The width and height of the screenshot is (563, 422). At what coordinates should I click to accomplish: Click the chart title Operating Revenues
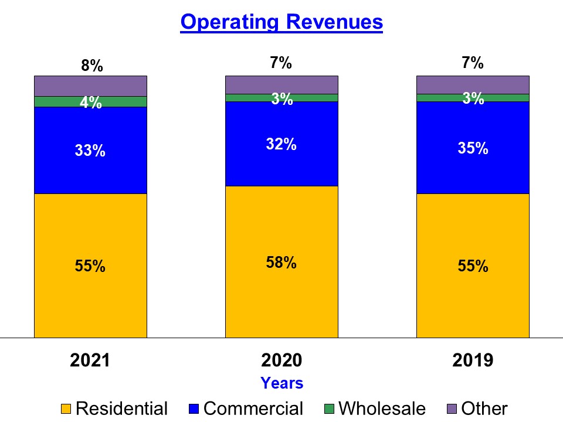(281, 22)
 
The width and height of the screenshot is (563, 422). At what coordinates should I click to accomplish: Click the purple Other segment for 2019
(473, 84)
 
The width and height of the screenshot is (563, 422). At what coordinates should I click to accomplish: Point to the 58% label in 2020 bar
(281, 263)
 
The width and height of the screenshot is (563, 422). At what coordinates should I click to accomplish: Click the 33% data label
(90, 151)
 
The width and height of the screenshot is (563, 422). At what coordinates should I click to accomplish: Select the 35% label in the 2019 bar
(473, 148)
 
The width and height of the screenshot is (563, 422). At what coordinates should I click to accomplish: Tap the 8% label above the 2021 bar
(92, 66)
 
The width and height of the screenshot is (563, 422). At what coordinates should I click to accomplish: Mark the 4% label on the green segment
(91, 103)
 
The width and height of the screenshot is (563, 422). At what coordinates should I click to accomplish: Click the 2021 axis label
(90, 360)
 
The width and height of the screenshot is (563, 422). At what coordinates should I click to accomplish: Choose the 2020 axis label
(281, 360)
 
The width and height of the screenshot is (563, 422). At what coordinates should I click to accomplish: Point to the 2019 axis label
(473, 360)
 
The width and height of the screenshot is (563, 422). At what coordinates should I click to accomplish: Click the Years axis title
(281, 383)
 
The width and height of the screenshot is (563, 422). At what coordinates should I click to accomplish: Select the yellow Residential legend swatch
(67, 409)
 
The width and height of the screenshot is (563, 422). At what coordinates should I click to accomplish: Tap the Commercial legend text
(253, 408)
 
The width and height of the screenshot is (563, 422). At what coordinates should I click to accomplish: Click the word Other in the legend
(484, 408)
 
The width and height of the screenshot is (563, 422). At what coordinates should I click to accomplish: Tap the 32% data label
(281, 144)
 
